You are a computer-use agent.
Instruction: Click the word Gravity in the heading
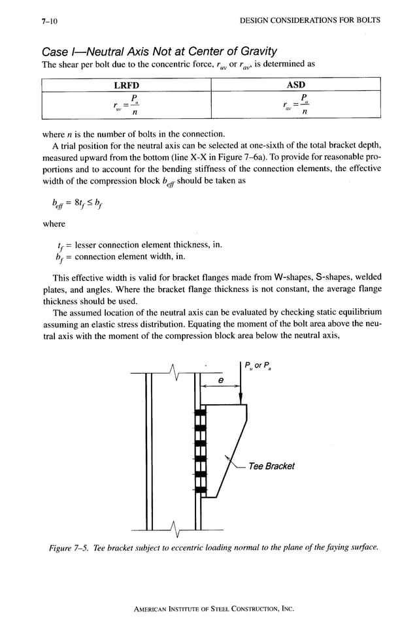click(x=254, y=51)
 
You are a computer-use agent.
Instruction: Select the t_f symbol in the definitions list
click(x=60, y=246)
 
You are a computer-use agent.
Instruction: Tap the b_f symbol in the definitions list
click(x=60, y=257)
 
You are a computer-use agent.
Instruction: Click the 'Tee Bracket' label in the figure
click(x=271, y=466)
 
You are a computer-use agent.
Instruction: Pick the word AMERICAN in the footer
click(x=151, y=608)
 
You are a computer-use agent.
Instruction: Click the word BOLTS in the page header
click(x=367, y=20)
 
